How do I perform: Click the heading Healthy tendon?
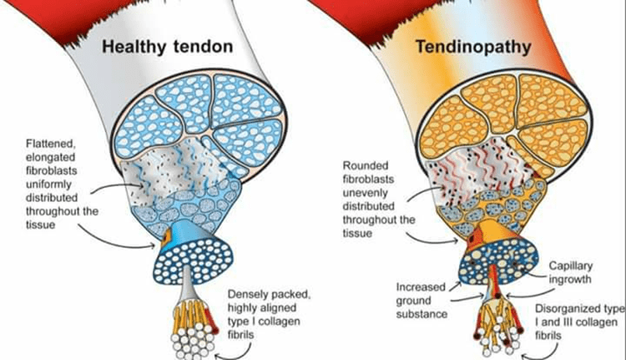pyautogui.click(x=168, y=47)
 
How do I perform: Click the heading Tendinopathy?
pyautogui.click(x=474, y=47)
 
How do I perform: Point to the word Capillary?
pyautogui.click(x=571, y=266)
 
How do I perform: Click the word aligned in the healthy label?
pyautogui.click(x=279, y=308)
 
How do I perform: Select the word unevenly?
pyautogui.click(x=366, y=193)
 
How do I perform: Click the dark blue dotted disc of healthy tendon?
pyautogui.click(x=194, y=261)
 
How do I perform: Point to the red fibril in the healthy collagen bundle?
pyautogui.click(x=211, y=322)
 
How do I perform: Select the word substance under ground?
pyautogui.click(x=422, y=314)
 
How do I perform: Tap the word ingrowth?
pyautogui.click(x=570, y=279)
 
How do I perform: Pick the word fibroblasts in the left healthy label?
pyautogui.click(x=52, y=170)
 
